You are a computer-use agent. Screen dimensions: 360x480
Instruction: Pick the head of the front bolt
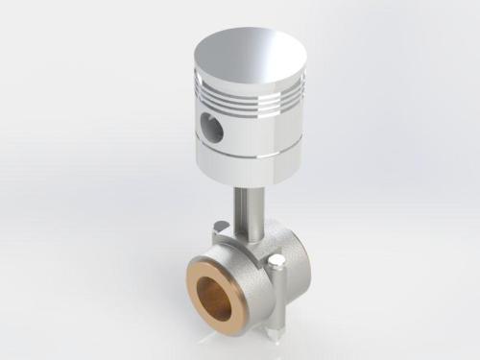coord(276,260)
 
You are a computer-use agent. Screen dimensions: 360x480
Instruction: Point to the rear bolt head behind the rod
coord(220,227)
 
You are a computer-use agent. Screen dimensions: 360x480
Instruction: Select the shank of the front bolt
coord(275,302)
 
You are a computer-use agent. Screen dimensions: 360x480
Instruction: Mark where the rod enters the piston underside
coord(247,185)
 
